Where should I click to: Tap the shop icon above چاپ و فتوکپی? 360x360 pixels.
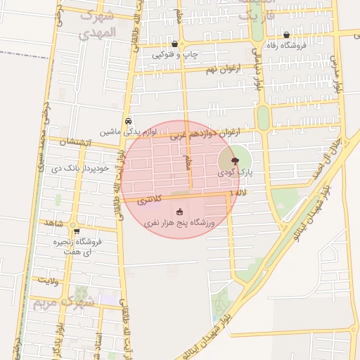[x=174, y=43]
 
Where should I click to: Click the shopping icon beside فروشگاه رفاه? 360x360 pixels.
[x=286, y=35]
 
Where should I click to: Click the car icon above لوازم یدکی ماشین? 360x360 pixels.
[x=128, y=121]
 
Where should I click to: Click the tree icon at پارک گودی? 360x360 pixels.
[x=235, y=161]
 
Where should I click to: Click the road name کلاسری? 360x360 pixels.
[x=149, y=200]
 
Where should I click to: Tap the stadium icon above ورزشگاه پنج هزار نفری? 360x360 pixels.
[x=180, y=212]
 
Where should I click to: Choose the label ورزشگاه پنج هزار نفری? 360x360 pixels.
[x=180, y=223]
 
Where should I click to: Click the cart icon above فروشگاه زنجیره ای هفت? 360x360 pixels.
[x=76, y=231]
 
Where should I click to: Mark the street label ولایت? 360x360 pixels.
[x=48, y=281]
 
